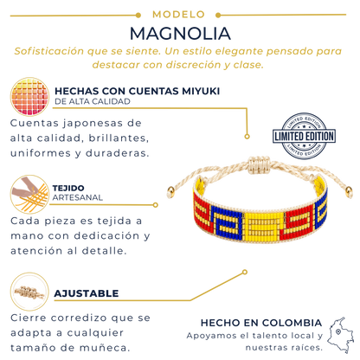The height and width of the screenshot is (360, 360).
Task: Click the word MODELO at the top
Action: coord(178,15)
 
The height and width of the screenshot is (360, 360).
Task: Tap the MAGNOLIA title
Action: coord(180,34)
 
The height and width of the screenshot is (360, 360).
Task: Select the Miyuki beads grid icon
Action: coord(29,97)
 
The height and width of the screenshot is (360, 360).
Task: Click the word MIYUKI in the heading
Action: coord(201,91)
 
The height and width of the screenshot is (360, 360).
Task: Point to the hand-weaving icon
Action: coord(29,194)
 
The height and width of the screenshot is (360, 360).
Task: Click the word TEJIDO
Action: coord(68,188)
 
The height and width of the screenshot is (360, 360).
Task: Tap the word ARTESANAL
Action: coord(78,197)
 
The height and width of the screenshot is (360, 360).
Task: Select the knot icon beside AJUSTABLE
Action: coord(29,292)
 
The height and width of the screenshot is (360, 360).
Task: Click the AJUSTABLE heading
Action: coord(87,293)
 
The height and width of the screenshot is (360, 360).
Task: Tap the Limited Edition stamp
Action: coord(304,136)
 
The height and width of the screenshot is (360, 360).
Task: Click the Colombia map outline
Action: coord(342,335)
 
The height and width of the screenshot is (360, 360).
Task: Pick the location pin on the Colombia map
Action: coord(338,332)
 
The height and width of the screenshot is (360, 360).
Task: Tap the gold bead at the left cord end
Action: coord(170,190)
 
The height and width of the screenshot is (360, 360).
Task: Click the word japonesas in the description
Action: coord(93,124)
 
